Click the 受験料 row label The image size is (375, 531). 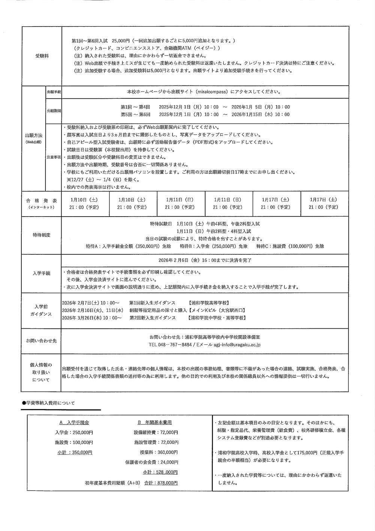[42, 56]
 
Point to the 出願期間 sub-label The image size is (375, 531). [54, 111]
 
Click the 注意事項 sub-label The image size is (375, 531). [54, 157]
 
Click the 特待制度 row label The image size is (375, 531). [41, 235]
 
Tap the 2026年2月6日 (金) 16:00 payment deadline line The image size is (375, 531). [205, 260]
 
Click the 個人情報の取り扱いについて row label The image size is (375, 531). [41, 372]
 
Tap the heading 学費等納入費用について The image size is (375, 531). [51, 403]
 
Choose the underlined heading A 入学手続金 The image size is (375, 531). [74, 423]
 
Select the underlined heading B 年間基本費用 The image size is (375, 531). [154, 423]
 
